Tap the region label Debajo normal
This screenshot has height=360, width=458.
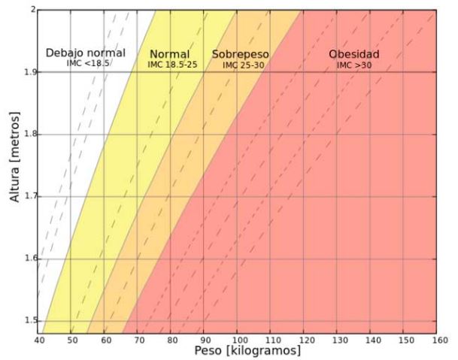click(85, 53)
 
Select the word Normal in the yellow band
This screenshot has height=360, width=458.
click(169, 54)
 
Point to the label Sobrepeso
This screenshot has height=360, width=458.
click(240, 55)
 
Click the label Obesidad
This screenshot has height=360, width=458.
click(353, 54)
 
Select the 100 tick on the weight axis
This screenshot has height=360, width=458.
click(237, 339)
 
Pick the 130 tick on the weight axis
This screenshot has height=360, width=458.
click(337, 339)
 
